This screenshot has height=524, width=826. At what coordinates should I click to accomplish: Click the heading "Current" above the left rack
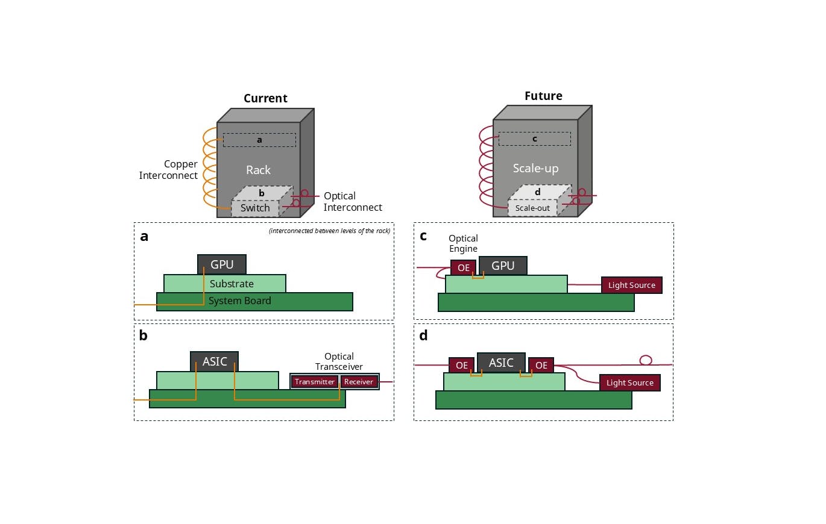pos(265,98)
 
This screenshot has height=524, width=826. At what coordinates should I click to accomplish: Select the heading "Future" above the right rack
pos(543,96)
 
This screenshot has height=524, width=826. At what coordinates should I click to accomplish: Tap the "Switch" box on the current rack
pos(255,208)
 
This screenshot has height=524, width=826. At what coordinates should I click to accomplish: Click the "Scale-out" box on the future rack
pos(533,208)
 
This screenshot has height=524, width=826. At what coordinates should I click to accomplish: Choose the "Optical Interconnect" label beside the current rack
pos(353,202)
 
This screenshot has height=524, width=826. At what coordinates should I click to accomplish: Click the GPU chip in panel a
pos(222,264)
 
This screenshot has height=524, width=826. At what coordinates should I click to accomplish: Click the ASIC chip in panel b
pos(215,361)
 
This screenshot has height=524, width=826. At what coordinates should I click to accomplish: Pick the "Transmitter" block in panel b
pos(314,382)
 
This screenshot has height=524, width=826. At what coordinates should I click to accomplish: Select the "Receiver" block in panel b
pos(359,382)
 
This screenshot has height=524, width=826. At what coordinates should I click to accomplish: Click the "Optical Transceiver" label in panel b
pos(339,361)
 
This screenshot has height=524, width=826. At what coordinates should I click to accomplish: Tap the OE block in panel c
pos(463,267)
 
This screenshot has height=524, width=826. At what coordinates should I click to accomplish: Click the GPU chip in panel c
pos(503,266)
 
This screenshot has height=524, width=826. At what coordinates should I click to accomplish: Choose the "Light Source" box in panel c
pos(631,285)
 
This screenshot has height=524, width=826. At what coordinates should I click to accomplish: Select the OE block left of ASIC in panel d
pos(461,365)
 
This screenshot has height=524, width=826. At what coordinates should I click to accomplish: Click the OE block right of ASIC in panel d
pos(541,365)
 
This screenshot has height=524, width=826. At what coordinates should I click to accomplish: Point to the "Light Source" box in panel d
pos(629,382)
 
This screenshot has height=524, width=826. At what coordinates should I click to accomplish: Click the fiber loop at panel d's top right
pos(646,360)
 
